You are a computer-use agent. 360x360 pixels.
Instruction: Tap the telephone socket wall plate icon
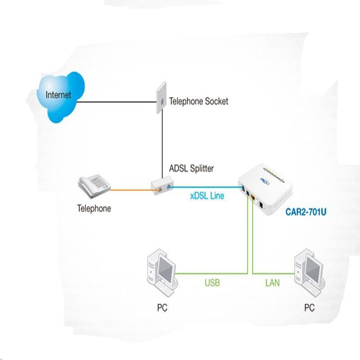pyautogui.click(x=162, y=98)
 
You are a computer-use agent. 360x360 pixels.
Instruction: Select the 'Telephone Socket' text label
pyautogui.click(x=198, y=102)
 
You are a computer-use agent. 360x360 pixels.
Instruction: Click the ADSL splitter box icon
pyautogui.click(x=162, y=185)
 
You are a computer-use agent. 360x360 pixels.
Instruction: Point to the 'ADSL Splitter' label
pyautogui.click(x=191, y=168)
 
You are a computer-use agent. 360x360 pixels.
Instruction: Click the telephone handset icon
pyautogui.click(x=94, y=186)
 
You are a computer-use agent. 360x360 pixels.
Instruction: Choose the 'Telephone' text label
pyautogui.click(x=94, y=208)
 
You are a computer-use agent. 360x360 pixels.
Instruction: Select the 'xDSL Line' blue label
pyautogui.click(x=207, y=196)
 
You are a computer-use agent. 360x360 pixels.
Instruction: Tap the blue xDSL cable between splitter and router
pyautogui.click(x=206, y=187)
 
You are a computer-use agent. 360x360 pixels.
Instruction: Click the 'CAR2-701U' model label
pyautogui.click(x=306, y=212)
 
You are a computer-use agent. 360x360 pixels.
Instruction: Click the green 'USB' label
pyautogui.click(x=212, y=283)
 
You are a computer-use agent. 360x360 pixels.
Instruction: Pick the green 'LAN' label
pyautogui.click(x=273, y=283)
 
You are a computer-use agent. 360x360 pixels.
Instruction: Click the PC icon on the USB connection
pyautogui.click(x=162, y=273)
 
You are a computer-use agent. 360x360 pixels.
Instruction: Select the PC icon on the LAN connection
pyautogui.click(x=310, y=273)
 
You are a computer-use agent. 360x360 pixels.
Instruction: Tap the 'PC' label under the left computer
pyautogui.click(x=162, y=308)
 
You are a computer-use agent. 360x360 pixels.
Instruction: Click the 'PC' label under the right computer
pyautogui.click(x=309, y=308)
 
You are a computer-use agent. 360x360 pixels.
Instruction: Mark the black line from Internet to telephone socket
pyautogui.click(x=117, y=102)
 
